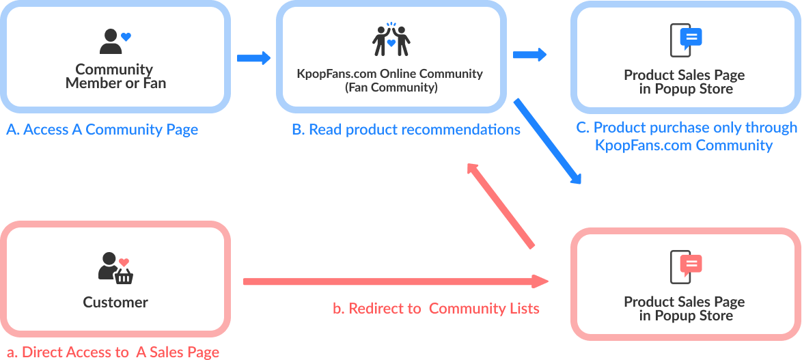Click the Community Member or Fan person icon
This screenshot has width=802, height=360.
[x=111, y=42]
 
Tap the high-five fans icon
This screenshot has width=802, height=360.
[x=391, y=40]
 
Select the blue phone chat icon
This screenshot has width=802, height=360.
[x=685, y=40]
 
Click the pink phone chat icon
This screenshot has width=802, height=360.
[x=685, y=267]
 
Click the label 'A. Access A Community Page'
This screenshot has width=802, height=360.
[x=102, y=130]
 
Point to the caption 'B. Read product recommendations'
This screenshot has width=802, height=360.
[x=406, y=129]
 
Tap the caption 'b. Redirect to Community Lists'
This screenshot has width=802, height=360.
[x=436, y=309]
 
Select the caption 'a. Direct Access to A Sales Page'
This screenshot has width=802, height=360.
[x=113, y=352]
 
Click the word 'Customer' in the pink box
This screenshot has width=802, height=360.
[x=115, y=302]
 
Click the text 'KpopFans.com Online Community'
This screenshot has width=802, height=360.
[x=390, y=74]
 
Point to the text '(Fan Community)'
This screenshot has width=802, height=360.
[x=390, y=87]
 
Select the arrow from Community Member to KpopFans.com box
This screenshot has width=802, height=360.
[x=253, y=58]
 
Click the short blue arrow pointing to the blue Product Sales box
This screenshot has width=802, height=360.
[x=529, y=55]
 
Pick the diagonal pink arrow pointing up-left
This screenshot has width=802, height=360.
[x=501, y=206]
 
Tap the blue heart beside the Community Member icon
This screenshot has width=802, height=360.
[x=126, y=37]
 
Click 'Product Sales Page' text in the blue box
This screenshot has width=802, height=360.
[x=685, y=75]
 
